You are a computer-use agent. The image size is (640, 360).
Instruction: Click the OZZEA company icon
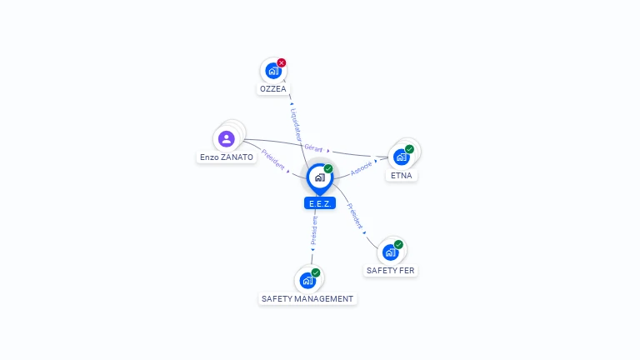pos(272,71)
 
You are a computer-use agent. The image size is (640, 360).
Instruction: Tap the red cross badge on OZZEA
pos(282,62)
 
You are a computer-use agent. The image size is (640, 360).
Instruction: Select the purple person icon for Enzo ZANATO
pos(227,138)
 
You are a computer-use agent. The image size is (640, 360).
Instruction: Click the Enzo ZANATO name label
pos(227,157)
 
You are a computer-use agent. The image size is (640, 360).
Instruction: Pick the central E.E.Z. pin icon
pos(319,177)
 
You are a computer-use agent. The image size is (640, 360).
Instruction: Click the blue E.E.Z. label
pos(319,203)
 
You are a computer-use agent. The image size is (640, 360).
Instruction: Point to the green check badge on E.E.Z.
pos(328,168)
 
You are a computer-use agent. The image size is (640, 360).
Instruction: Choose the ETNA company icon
pos(402,157)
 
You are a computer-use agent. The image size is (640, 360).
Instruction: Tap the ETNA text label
pos(402,176)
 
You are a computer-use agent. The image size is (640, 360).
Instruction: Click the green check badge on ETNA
pos(409,149)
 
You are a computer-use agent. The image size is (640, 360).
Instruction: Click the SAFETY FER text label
pos(390,271)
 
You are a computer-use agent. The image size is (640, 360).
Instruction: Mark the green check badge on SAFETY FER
pos(398,244)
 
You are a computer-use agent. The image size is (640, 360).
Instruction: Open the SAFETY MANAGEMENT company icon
pos(307,280)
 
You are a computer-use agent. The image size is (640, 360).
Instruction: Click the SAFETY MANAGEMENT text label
pos(307,298)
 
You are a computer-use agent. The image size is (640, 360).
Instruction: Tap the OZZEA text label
pos(272,89)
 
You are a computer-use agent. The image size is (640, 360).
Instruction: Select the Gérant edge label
pos(313,147)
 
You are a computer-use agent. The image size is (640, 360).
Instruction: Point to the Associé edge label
pos(362,167)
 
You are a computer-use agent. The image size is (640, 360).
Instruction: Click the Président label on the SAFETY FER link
pos(355,217)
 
